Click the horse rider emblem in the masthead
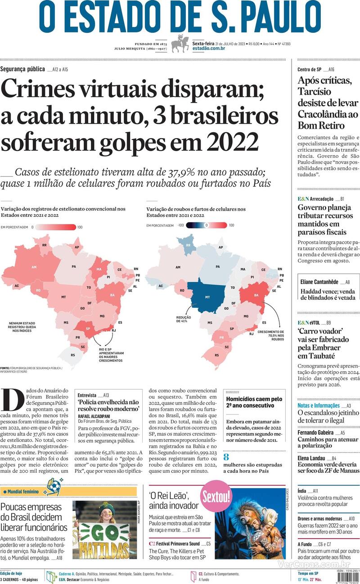tap(180, 45)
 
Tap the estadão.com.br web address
tap(208, 48)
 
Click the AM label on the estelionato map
tap(34, 267)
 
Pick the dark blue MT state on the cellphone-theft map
tap(207, 297)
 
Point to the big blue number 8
tap(226, 456)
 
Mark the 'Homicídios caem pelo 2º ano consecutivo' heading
tap(254, 402)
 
